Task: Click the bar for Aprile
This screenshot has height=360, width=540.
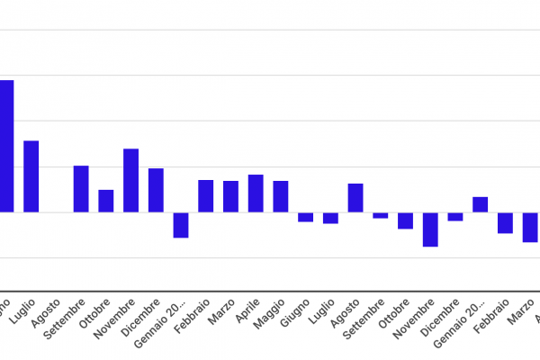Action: tap(256, 193)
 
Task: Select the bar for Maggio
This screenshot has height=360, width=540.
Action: tap(281, 196)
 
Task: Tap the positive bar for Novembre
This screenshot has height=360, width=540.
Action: tap(130, 180)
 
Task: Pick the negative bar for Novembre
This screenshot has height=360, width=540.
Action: tap(430, 229)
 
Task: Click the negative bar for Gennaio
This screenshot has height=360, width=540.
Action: tap(181, 225)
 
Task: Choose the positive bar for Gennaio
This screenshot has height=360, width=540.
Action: tap(481, 204)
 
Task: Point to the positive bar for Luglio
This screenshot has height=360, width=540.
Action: tap(31, 176)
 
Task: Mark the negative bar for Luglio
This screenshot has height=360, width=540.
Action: tap(330, 218)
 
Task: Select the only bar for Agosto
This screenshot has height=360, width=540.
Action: tap(355, 198)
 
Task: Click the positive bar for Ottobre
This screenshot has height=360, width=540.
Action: tap(106, 201)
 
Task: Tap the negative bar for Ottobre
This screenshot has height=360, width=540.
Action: tap(405, 220)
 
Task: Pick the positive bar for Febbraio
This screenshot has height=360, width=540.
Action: tap(206, 196)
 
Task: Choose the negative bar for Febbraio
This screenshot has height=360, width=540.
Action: tap(505, 222)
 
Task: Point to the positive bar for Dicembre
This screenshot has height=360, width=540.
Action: tap(156, 190)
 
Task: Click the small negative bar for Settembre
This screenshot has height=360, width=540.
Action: tap(381, 215)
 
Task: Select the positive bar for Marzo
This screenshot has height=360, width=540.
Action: tap(230, 196)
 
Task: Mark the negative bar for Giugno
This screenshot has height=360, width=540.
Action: tap(306, 217)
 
